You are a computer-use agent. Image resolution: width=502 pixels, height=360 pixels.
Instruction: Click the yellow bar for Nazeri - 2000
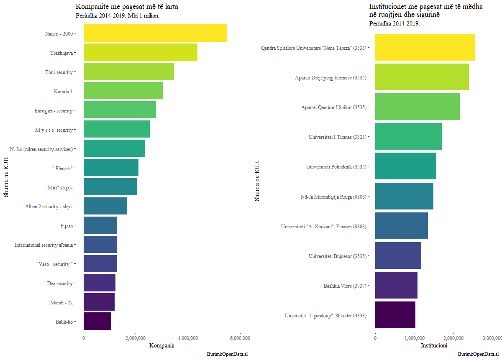click(155, 33)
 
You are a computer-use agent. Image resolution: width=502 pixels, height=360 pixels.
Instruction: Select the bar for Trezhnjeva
click(141, 52)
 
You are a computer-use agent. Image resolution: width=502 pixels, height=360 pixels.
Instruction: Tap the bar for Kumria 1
click(123, 91)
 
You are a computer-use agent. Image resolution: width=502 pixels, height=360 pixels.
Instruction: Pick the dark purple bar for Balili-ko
click(97, 321)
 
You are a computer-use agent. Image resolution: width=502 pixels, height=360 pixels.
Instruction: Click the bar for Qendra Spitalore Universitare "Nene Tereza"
click(425, 47)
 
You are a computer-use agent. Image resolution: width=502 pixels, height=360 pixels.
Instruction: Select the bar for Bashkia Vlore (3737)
click(396, 285)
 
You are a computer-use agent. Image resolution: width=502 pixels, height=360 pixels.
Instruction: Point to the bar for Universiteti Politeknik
click(405, 166)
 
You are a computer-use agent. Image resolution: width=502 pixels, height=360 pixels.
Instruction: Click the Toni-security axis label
click(59, 72)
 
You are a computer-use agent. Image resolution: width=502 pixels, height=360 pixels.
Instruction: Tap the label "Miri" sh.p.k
click(59, 188)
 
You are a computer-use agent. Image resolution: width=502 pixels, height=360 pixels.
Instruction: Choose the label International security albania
click(44, 245)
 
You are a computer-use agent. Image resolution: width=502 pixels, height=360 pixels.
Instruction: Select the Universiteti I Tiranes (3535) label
click(337, 137)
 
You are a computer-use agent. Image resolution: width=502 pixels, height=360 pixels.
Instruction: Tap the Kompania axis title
click(162, 346)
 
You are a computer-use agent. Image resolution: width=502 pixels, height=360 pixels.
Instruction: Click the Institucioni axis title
click(434, 346)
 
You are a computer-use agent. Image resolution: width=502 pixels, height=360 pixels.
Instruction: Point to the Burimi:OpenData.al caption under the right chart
click(478, 354)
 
